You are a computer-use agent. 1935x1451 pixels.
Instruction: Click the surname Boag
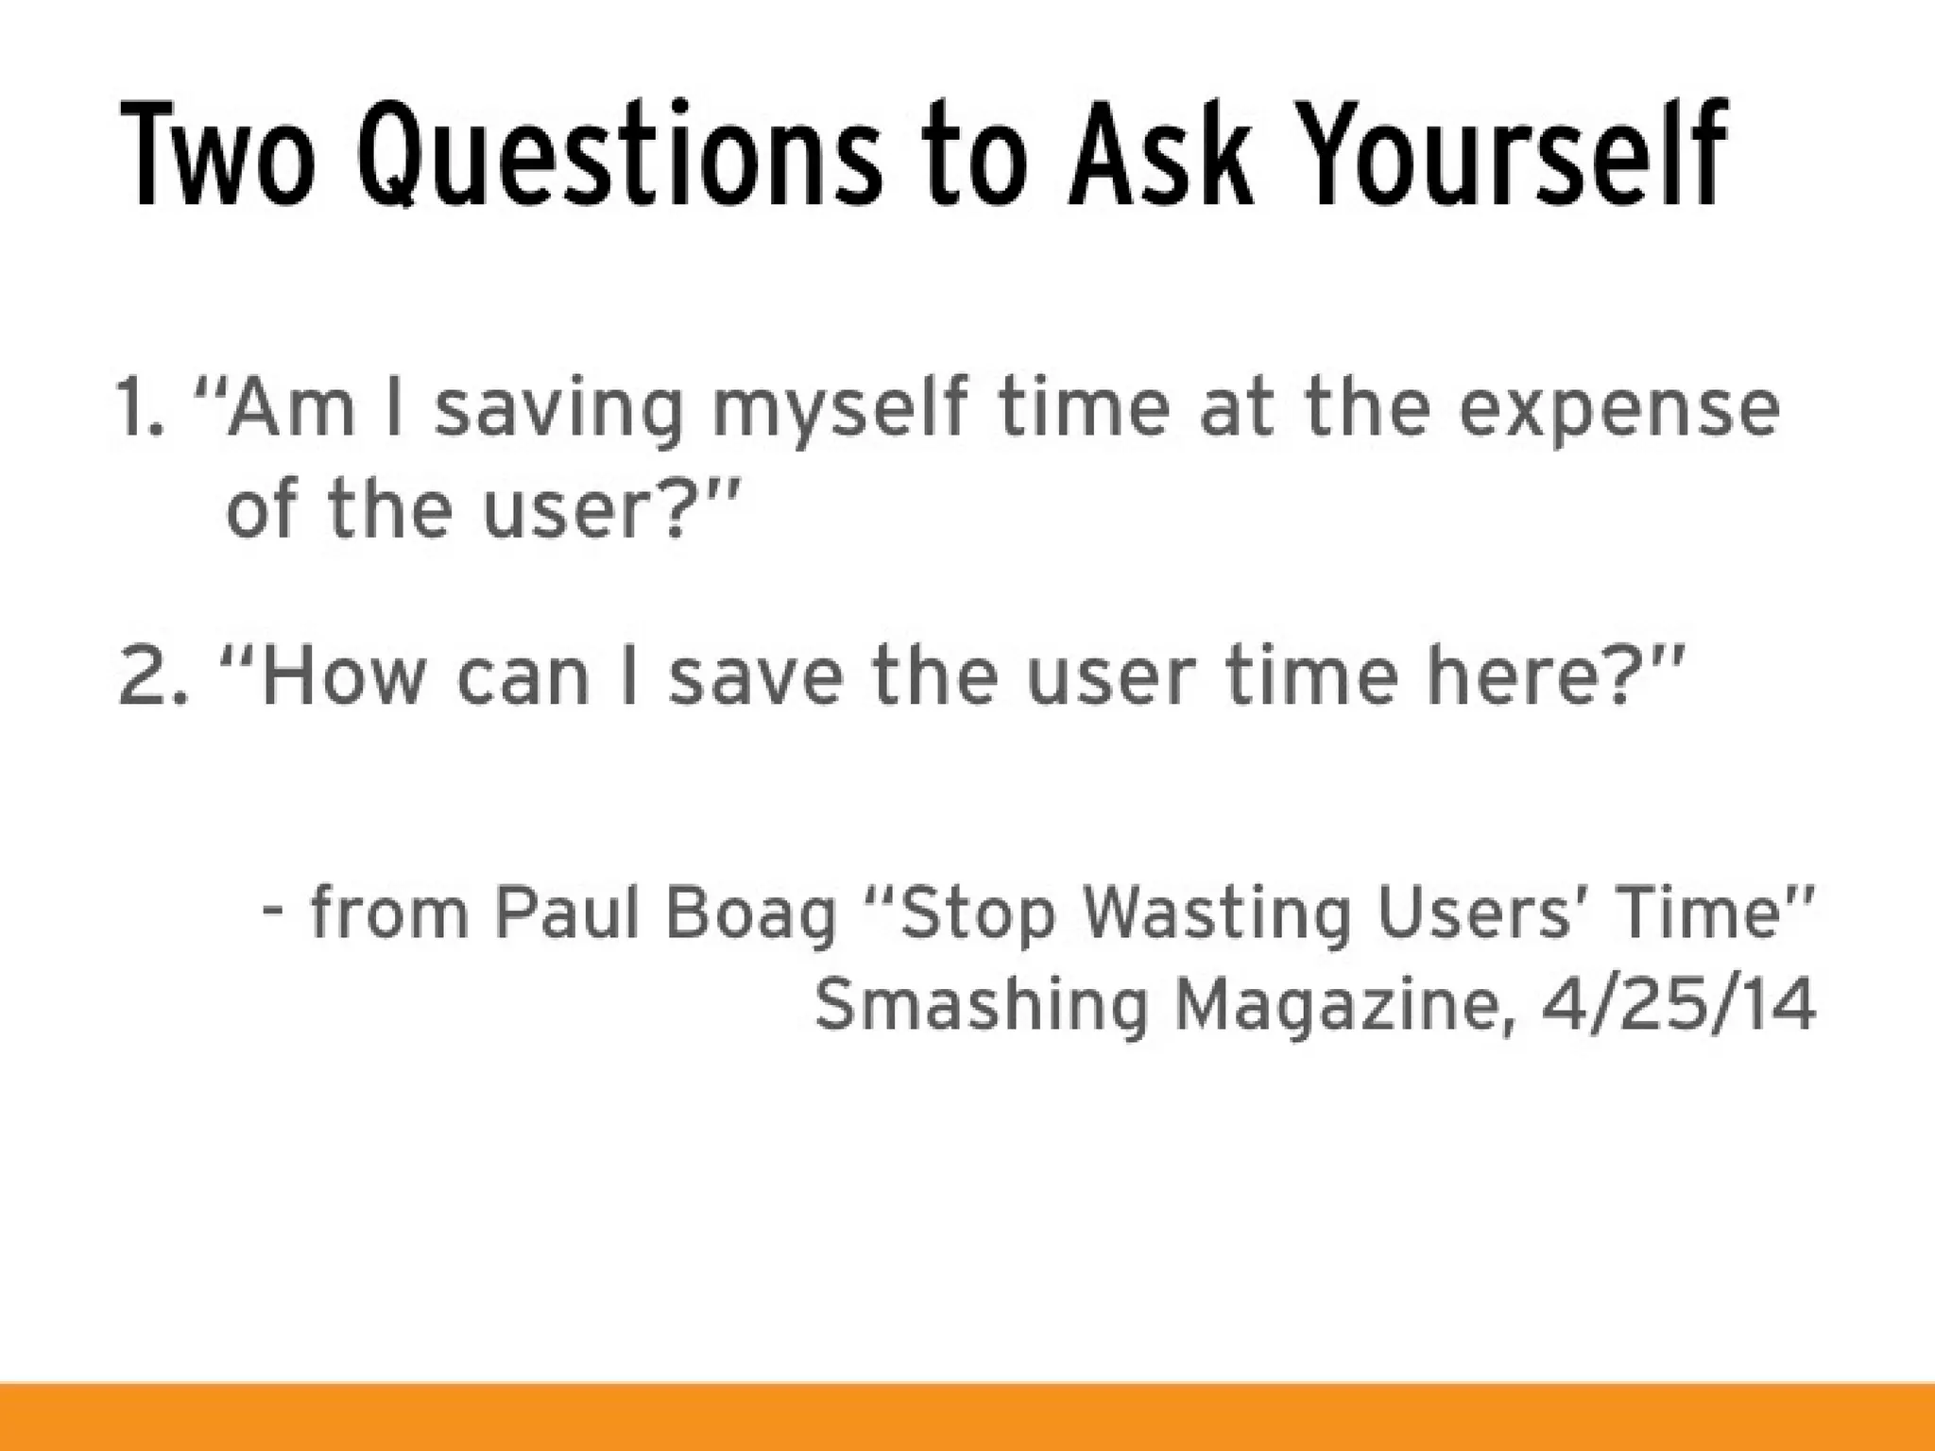coord(751,914)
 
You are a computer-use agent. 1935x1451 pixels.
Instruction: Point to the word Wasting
coord(1218,914)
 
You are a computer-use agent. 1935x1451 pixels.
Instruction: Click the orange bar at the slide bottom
coord(967,1417)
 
